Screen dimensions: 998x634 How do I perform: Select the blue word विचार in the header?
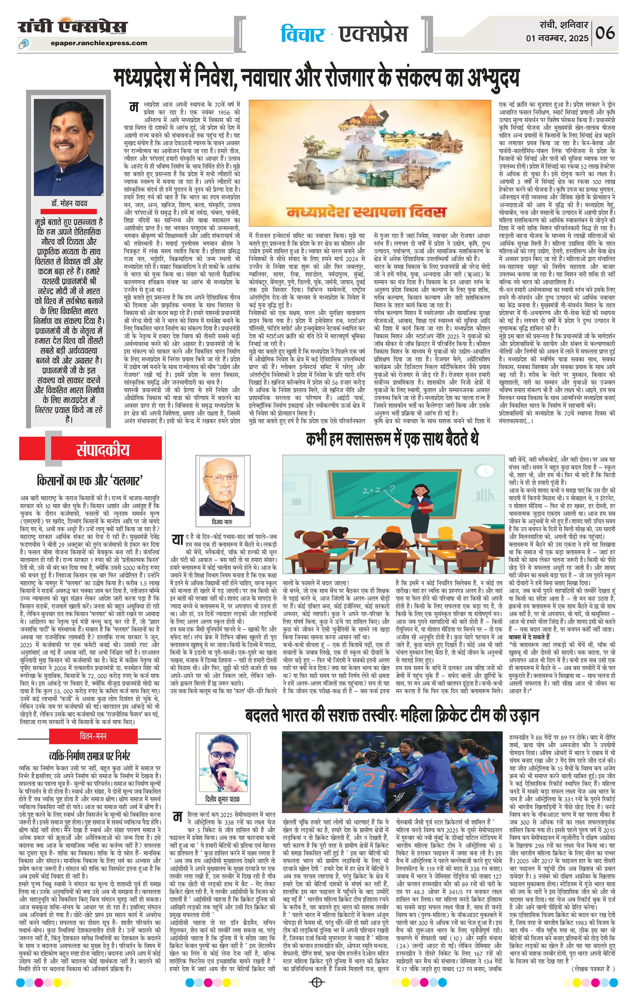302,34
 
